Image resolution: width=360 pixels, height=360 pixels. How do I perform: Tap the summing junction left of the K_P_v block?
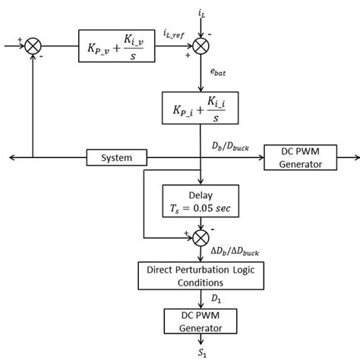pyautogui.click(x=32, y=47)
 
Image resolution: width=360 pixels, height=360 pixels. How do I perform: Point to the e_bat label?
pyautogui.click(x=218, y=72)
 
